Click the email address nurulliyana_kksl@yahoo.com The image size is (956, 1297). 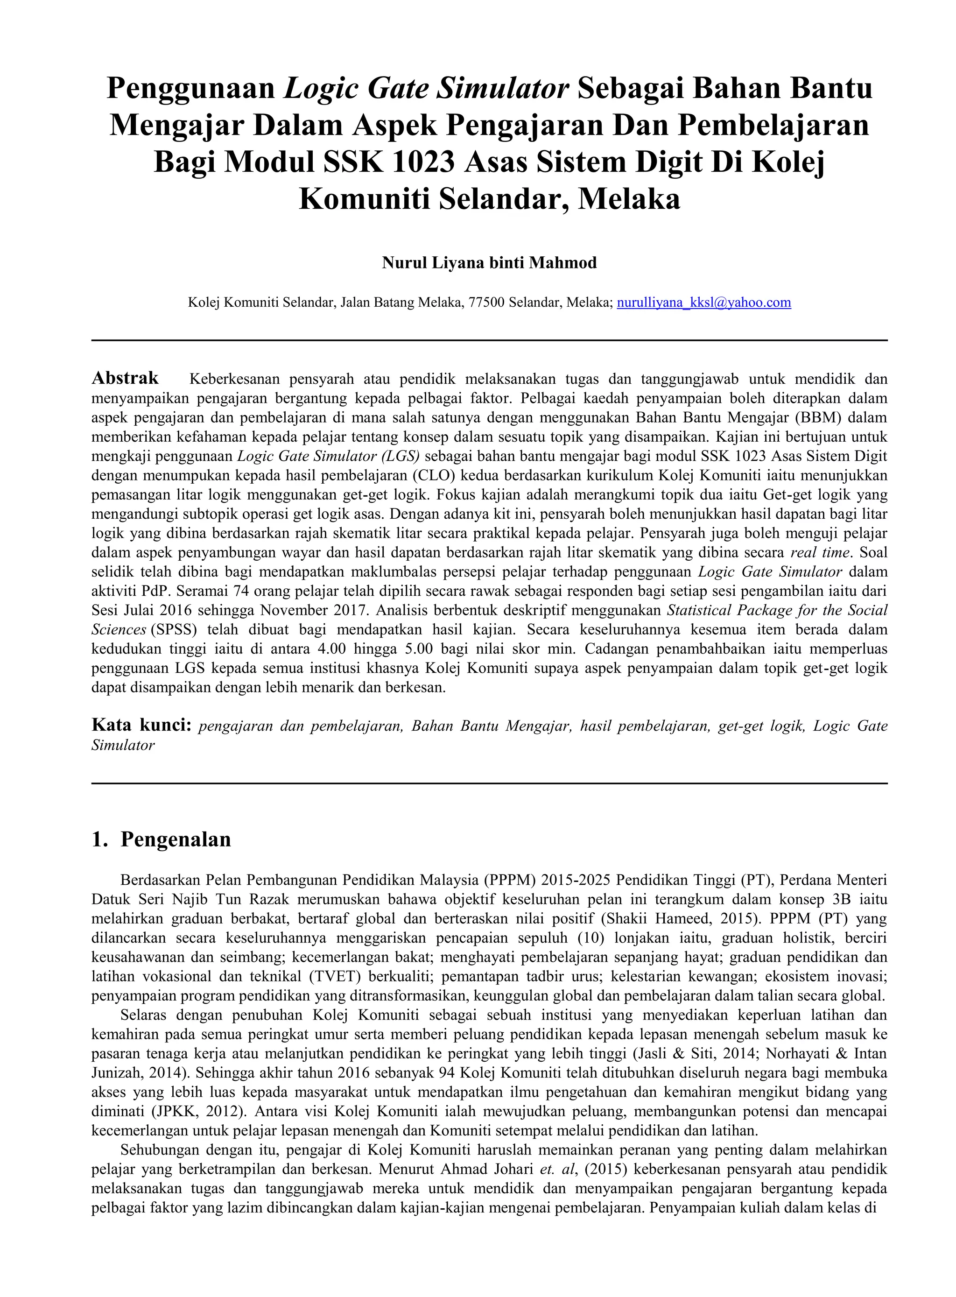(703, 303)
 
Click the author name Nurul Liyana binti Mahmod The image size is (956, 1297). (489, 263)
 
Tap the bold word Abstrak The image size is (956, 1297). (125, 379)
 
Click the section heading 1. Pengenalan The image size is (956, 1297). (162, 839)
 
